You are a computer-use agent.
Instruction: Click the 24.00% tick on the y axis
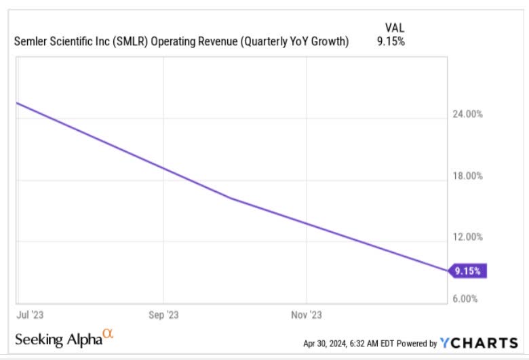(x=467, y=115)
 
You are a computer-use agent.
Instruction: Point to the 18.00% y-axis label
(x=467, y=176)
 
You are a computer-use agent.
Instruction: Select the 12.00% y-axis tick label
(x=467, y=237)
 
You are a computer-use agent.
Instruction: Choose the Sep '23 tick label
(x=163, y=315)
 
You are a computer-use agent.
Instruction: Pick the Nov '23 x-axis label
(x=307, y=315)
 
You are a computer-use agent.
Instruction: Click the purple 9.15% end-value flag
(x=468, y=271)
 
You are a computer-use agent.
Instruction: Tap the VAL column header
(x=393, y=27)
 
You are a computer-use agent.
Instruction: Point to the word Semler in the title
(x=30, y=42)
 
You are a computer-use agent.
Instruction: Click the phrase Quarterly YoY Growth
(x=300, y=42)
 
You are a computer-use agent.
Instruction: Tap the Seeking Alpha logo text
(x=57, y=338)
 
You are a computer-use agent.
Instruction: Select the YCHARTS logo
(x=479, y=342)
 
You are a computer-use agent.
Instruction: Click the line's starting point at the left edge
(x=17, y=103)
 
